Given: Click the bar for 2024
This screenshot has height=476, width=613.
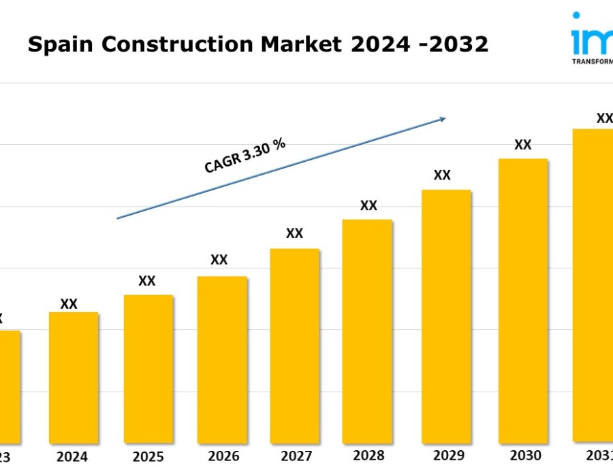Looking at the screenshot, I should pos(74,377).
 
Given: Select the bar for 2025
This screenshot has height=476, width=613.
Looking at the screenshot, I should pos(148,369).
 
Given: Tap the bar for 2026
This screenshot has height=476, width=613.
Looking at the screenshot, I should pos(222,359).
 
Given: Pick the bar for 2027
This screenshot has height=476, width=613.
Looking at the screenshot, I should pos(295,345).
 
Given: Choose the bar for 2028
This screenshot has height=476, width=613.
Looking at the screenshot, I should pos(367,330).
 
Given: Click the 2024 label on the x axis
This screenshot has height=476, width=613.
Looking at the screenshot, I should pos(72,457).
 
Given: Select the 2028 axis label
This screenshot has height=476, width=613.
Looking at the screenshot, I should pos(368,456).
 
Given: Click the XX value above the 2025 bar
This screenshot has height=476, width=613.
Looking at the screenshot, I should pos(147,281).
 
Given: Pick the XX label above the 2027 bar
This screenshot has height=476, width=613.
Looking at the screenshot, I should pos(294,233).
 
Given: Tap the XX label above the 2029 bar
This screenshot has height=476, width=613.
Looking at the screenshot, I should pos(442,175).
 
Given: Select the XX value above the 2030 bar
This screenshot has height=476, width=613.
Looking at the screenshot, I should pos(523,145).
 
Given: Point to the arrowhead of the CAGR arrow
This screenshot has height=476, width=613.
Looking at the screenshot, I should pos(443,118).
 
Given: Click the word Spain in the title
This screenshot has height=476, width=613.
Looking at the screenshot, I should pos(54,45).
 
